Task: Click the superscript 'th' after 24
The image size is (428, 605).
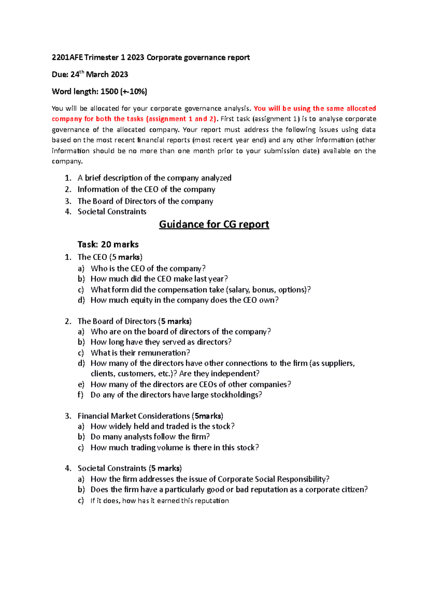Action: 82,72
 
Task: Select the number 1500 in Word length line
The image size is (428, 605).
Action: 109,92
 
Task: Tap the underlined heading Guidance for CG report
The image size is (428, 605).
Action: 214,224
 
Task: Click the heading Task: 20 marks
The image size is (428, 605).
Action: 108,244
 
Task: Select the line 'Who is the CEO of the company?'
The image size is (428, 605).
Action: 148,268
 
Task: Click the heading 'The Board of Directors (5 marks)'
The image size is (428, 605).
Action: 134,321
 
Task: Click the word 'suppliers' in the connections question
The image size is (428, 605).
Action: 337,363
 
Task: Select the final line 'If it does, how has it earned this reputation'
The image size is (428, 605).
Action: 159,501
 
